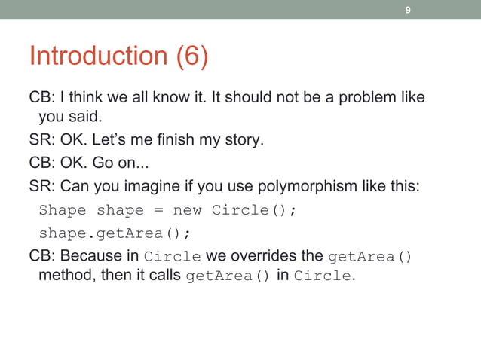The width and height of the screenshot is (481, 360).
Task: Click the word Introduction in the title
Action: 98,56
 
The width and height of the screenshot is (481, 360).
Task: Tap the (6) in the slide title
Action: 192,56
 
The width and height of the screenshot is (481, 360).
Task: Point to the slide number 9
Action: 408,10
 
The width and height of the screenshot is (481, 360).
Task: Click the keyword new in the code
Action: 187,209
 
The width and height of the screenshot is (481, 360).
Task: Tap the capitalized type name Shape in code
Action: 63,209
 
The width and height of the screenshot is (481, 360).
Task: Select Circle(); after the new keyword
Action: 254,209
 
